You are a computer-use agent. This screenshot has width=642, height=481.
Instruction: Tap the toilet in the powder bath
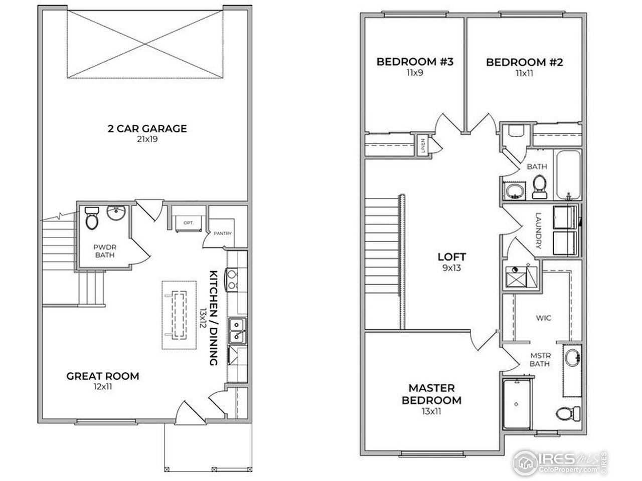click(92, 218)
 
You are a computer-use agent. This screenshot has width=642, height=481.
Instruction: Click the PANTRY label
click(222, 233)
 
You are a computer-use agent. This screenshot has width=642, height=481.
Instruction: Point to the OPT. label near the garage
click(189, 222)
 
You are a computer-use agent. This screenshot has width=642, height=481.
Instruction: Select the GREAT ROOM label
click(103, 376)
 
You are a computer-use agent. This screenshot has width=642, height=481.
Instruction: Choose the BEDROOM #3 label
click(415, 62)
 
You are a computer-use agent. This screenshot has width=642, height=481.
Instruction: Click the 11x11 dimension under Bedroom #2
click(524, 73)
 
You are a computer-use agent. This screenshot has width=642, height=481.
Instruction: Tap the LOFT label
click(451, 257)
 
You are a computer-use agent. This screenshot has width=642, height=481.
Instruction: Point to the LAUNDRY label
click(539, 231)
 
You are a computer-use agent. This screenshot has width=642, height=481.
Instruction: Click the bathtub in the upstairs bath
click(569, 175)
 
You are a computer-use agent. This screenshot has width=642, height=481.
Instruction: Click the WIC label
click(544, 318)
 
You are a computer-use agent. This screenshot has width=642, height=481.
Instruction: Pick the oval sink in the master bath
click(571, 359)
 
